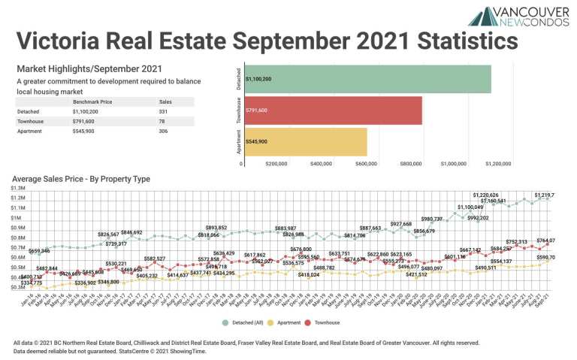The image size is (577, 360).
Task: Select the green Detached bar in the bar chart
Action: (366, 79)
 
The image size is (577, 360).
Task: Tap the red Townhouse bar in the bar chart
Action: (331, 110)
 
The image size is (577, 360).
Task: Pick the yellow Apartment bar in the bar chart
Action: (304, 141)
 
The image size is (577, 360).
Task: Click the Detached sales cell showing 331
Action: (165, 111)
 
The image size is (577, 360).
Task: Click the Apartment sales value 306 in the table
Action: (165, 131)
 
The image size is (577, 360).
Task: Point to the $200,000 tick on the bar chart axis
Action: (276, 162)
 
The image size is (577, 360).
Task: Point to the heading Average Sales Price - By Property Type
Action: (81, 179)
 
